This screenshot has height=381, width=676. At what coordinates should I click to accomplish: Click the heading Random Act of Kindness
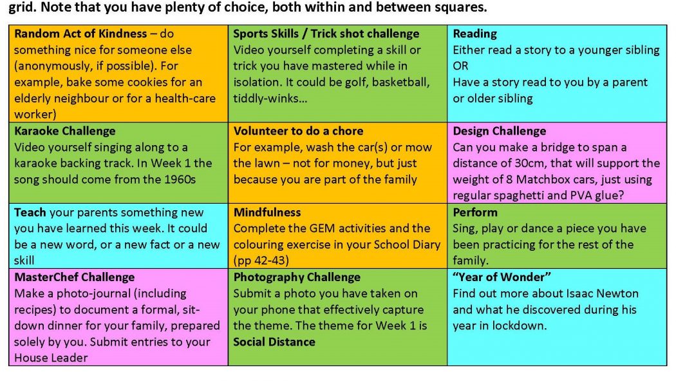point(80,34)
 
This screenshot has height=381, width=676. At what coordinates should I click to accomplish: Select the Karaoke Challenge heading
point(64,131)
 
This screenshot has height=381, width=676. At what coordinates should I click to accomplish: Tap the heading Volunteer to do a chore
point(298,131)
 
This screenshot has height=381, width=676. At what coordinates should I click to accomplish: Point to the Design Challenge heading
point(499,131)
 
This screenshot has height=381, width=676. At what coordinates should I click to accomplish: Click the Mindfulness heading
point(267,212)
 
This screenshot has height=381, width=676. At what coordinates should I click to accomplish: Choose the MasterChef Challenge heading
point(74,277)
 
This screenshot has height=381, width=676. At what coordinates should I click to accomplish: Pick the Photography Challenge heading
point(297,277)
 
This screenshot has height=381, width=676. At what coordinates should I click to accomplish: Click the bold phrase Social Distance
point(274,342)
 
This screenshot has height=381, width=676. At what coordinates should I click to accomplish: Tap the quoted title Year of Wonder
point(502,277)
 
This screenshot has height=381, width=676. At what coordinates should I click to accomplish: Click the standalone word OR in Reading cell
point(460,66)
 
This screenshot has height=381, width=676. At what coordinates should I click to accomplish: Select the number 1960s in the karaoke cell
point(180,179)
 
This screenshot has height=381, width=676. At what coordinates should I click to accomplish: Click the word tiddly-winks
point(270,99)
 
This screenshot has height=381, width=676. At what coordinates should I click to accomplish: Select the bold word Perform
point(475,212)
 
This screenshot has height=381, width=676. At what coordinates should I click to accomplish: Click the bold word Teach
point(30,212)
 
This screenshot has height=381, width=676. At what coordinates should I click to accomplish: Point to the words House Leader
point(51,358)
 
